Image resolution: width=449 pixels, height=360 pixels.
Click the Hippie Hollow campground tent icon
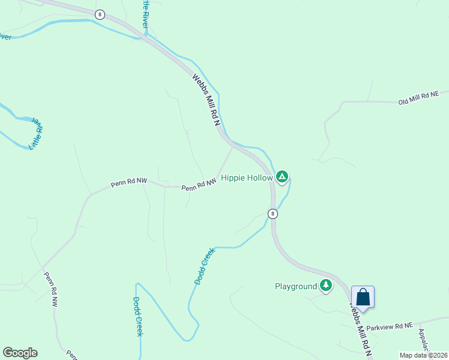pyautogui.click(x=282, y=177)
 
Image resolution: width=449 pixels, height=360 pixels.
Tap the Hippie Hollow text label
pyautogui.click(x=247, y=178)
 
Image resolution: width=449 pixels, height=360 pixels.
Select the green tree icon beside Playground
pyautogui.click(x=326, y=286)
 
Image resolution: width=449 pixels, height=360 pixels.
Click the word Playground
pyautogui.click(x=295, y=286)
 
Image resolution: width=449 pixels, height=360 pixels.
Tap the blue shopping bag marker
pyautogui.click(x=363, y=296)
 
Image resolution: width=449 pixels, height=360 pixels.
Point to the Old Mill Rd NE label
pyautogui.click(x=419, y=98)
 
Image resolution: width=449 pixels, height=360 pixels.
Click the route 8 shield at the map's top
pyautogui.click(x=100, y=14)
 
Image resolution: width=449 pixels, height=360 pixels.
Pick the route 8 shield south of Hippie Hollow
pyautogui.click(x=273, y=213)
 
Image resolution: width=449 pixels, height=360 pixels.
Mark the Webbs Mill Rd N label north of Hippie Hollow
pyautogui.click(x=207, y=100)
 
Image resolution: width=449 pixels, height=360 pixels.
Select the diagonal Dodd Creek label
pyautogui.click(x=204, y=267)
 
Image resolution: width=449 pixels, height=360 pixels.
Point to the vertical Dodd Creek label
pyautogui.click(x=137, y=316)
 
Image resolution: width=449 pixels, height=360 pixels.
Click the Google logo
pyautogui.click(x=20, y=353)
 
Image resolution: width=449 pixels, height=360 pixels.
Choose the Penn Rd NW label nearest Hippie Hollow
pyautogui.click(x=199, y=186)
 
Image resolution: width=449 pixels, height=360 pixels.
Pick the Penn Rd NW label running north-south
pyautogui.click(x=50, y=290)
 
